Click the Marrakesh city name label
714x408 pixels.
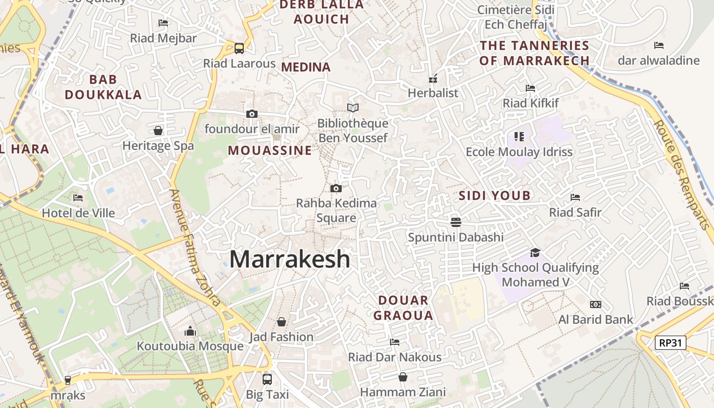tap(290, 260)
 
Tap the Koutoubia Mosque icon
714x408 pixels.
tap(190, 331)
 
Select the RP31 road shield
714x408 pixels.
tap(670, 343)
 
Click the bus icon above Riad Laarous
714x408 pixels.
tap(239, 48)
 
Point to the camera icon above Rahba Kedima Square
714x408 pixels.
tap(336, 189)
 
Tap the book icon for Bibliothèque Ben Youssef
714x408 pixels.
tap(352, 108)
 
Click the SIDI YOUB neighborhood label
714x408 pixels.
tap(494, 195)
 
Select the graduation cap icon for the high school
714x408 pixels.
tap(535, 252)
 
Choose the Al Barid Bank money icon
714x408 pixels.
tap(595, 304)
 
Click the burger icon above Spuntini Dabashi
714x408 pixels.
tap(456, 222)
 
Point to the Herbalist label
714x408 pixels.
tap(433, 93)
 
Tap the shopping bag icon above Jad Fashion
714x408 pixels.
tap(281, 322)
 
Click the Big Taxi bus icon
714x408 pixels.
tap(267, 379)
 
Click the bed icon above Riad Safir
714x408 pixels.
tap(575, 197)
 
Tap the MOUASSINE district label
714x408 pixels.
tap(269, 150)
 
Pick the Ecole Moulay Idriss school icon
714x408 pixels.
tap(519, 137)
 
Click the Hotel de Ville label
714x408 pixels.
tap(78, 213)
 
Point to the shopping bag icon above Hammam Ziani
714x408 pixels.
tap(403, 377)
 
